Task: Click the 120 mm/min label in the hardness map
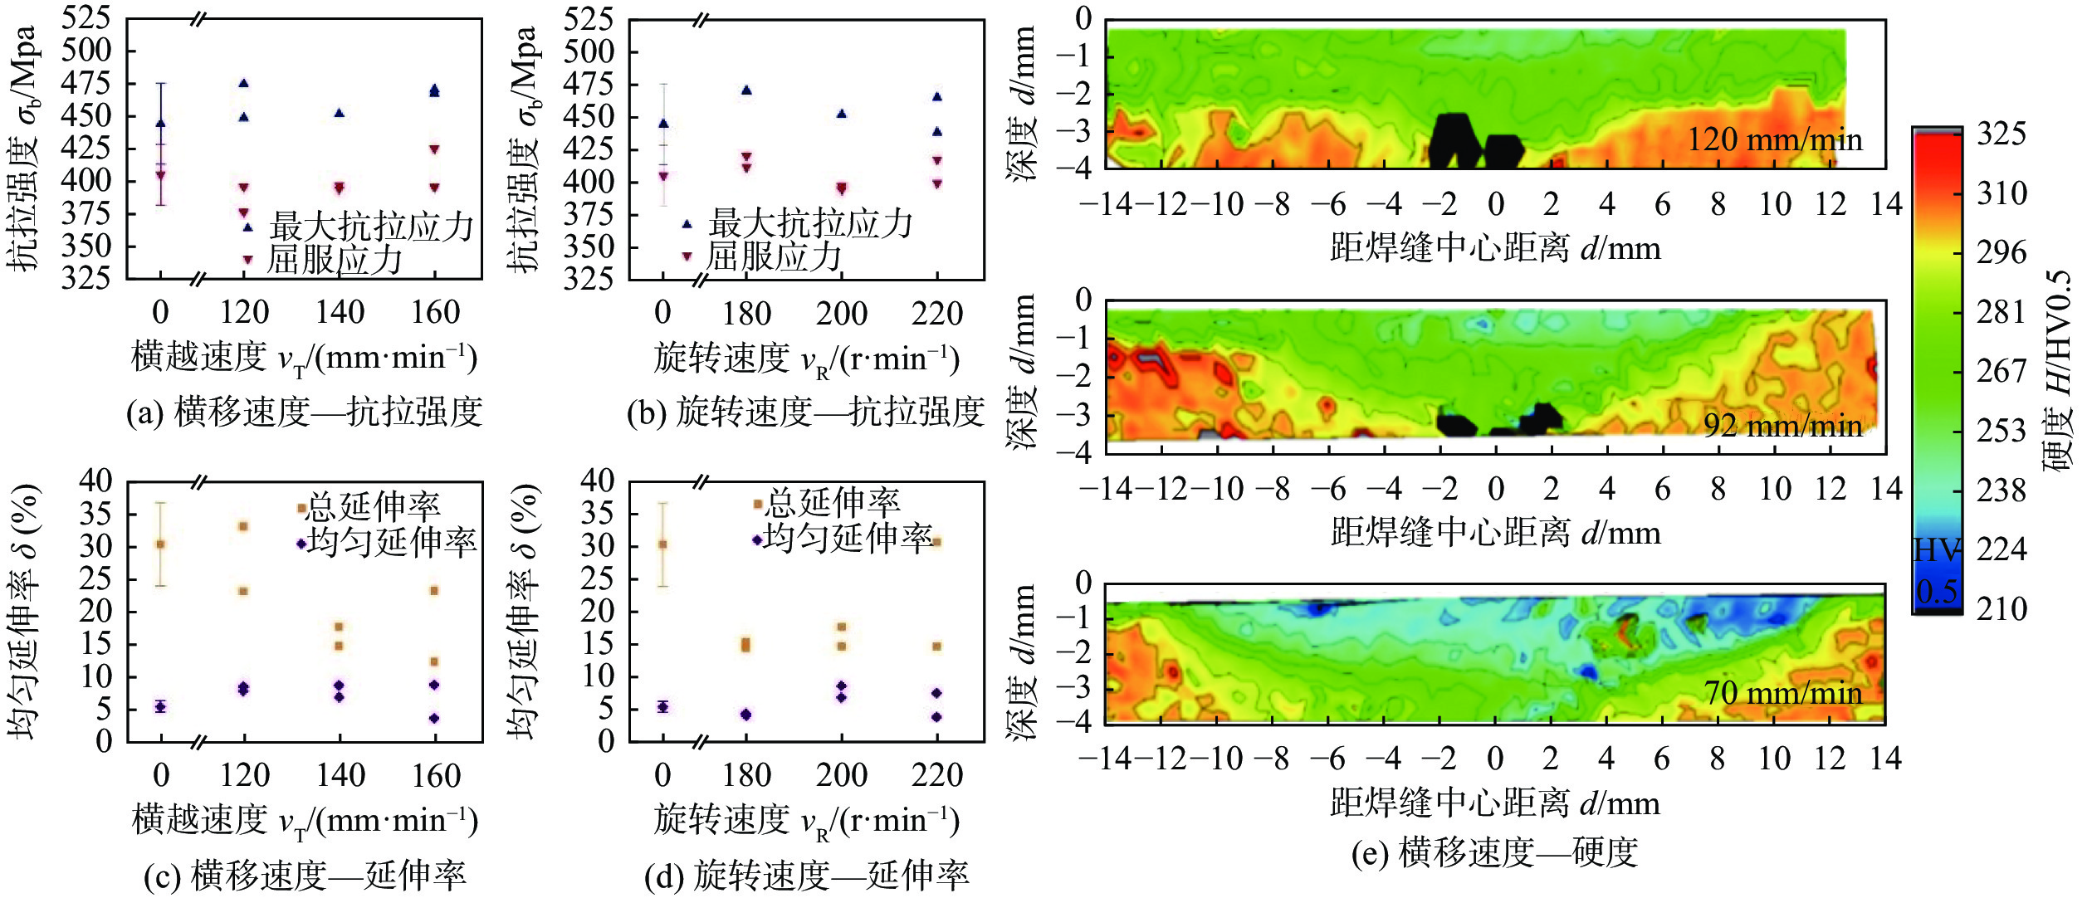coord(1774,139)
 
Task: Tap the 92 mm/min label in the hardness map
coord(1782,426)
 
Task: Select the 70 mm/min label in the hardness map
coord(1782,693)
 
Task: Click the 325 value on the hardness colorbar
coord(2002,134)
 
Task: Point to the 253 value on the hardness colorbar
coord(2002,431)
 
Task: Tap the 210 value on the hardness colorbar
coord(2002,609)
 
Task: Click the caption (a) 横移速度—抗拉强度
coord(304,412)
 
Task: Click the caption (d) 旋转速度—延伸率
coord(806,876)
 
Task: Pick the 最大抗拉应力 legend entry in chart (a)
coord(370,227)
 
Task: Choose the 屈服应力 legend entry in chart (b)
coord(773,257)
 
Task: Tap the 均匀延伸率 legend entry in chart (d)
coord(847,539)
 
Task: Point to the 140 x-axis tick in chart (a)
coord(340,313)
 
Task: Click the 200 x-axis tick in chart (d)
coord(842,775)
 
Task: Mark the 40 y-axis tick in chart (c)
coord(95,481)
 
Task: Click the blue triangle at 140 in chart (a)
coord(339,113)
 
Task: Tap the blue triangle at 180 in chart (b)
coord(746,90)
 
